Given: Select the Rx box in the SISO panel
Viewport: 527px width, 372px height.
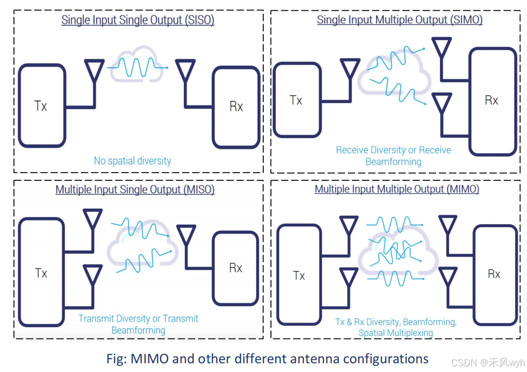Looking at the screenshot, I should [x=236, y=107].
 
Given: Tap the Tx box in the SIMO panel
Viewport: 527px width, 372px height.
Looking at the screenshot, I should [x=296, y=100].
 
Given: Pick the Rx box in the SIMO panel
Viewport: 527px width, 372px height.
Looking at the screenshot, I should [x=492, y=100].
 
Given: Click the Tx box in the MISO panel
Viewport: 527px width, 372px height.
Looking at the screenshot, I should [x=42, y=273].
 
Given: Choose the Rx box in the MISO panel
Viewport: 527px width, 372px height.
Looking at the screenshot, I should [x=236, y=268].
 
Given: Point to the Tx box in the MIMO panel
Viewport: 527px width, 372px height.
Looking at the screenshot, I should [x=299, y=276].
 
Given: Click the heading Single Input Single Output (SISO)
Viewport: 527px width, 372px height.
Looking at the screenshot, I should [x=138, y=20].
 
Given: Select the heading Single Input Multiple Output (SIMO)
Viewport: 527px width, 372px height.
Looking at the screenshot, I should [x=400, y=20].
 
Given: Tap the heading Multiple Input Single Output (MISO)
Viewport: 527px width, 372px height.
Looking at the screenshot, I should [x=135, y=189].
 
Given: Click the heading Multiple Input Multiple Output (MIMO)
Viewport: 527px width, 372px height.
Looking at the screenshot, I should [x=397, y=189].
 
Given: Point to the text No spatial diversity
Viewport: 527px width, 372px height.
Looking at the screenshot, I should [x=132, y=161].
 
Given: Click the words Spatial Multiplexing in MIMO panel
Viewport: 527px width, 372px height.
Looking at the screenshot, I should [x=396, y=332].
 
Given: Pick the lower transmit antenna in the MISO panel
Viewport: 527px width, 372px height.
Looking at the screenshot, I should [x=93, y=276].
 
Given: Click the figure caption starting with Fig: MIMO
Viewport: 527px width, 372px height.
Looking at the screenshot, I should [x=267, y=358].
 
